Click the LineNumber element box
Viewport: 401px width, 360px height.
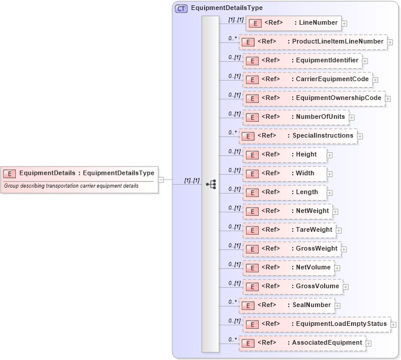293,23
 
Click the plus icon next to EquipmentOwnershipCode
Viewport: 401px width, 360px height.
388,98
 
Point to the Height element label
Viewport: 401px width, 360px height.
306,155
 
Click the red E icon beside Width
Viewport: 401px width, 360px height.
252,174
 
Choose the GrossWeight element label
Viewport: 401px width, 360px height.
316,249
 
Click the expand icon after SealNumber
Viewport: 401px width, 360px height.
337,305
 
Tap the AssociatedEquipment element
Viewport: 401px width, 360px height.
302,343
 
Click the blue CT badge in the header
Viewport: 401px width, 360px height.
181,8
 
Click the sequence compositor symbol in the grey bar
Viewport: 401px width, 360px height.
210,184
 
